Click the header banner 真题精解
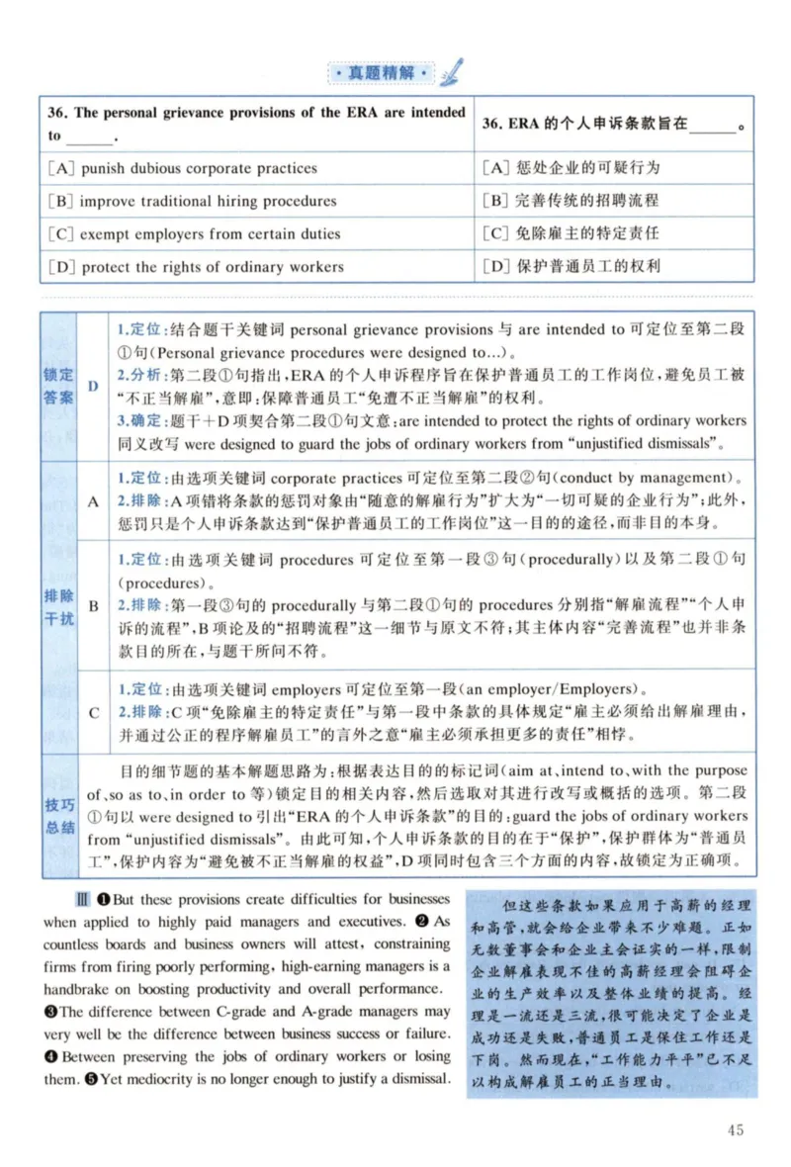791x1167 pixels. coord(381,73)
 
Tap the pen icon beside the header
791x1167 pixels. coord(451,71)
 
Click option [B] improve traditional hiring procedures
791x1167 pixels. coord(193,201)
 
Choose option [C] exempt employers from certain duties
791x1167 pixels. coord(195,234)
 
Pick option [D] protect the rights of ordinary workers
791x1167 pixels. coord(197,267)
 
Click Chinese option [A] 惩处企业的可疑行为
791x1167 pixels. coord(571,168)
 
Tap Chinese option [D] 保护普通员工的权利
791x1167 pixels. coord(571,266)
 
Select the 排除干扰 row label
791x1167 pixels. coord(58,605)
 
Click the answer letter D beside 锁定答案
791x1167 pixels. coord(93,386)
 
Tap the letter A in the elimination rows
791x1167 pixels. coord(93,500)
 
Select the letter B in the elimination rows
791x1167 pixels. coord(93,605)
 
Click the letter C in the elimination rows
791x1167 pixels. coord(93,712)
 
